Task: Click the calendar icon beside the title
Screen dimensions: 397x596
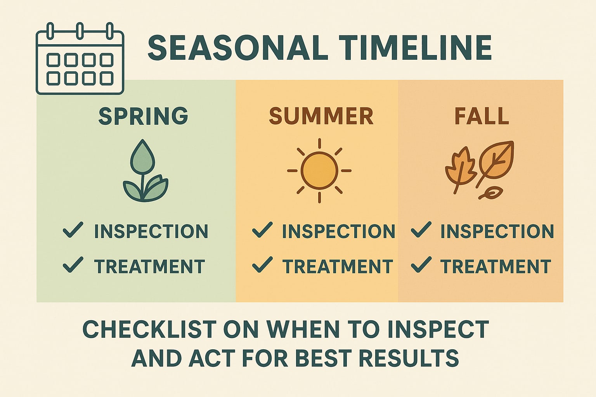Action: point(80,59)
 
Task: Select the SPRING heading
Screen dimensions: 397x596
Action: point(143,116)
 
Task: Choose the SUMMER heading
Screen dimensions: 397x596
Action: point(321,116)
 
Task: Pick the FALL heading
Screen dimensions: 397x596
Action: point(481,116)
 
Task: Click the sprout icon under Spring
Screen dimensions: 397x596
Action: point(145,171)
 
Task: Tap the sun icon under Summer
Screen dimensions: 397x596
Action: point(319,171)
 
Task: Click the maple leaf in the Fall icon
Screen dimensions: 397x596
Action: point(459,169)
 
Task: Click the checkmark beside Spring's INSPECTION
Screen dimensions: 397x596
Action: point(73,230)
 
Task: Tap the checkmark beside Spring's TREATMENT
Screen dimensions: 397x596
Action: point(73,265)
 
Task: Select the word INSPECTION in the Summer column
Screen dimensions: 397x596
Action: point(338,231)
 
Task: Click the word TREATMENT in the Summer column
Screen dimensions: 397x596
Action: point(338,267)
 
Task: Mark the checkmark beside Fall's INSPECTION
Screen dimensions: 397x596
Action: point(421,230)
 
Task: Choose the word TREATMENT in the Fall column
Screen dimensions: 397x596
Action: point(496,267)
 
